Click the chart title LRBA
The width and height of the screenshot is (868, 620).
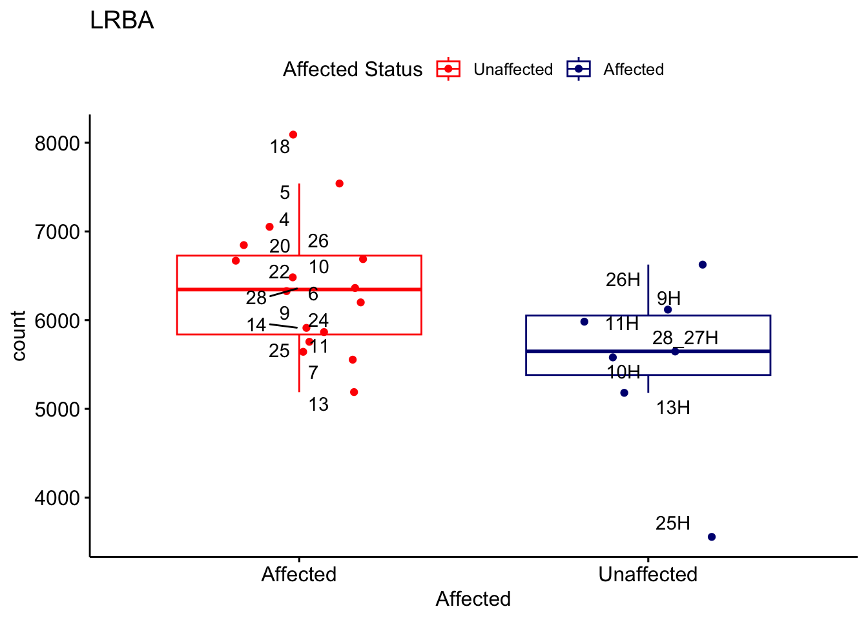point(121,21)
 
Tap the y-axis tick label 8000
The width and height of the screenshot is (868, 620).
point(57,143)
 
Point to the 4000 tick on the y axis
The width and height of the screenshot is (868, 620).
point(57,498)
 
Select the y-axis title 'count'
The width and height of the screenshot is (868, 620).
point(19,335)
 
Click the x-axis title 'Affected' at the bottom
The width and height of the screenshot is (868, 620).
point(473,599)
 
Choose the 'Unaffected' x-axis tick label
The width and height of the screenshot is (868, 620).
point(648,574)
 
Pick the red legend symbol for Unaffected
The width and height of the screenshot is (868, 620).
point(448,69)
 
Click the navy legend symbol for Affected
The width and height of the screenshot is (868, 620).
point(579,69)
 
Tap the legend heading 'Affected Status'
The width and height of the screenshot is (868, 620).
point(353,69)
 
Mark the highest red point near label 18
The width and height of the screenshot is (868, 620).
point(293,135)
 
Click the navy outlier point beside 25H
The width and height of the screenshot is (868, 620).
point(712,537)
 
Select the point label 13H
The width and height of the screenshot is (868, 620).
point(673,408)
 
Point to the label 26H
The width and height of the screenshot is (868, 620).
point(623,280)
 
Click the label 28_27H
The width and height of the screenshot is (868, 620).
point(685,338)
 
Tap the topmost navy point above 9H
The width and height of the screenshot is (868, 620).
point(703,265)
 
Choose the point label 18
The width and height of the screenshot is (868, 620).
point(280,147)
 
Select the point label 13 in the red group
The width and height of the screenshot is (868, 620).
point(318,404)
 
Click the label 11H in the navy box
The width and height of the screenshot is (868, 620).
point(622,324)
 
